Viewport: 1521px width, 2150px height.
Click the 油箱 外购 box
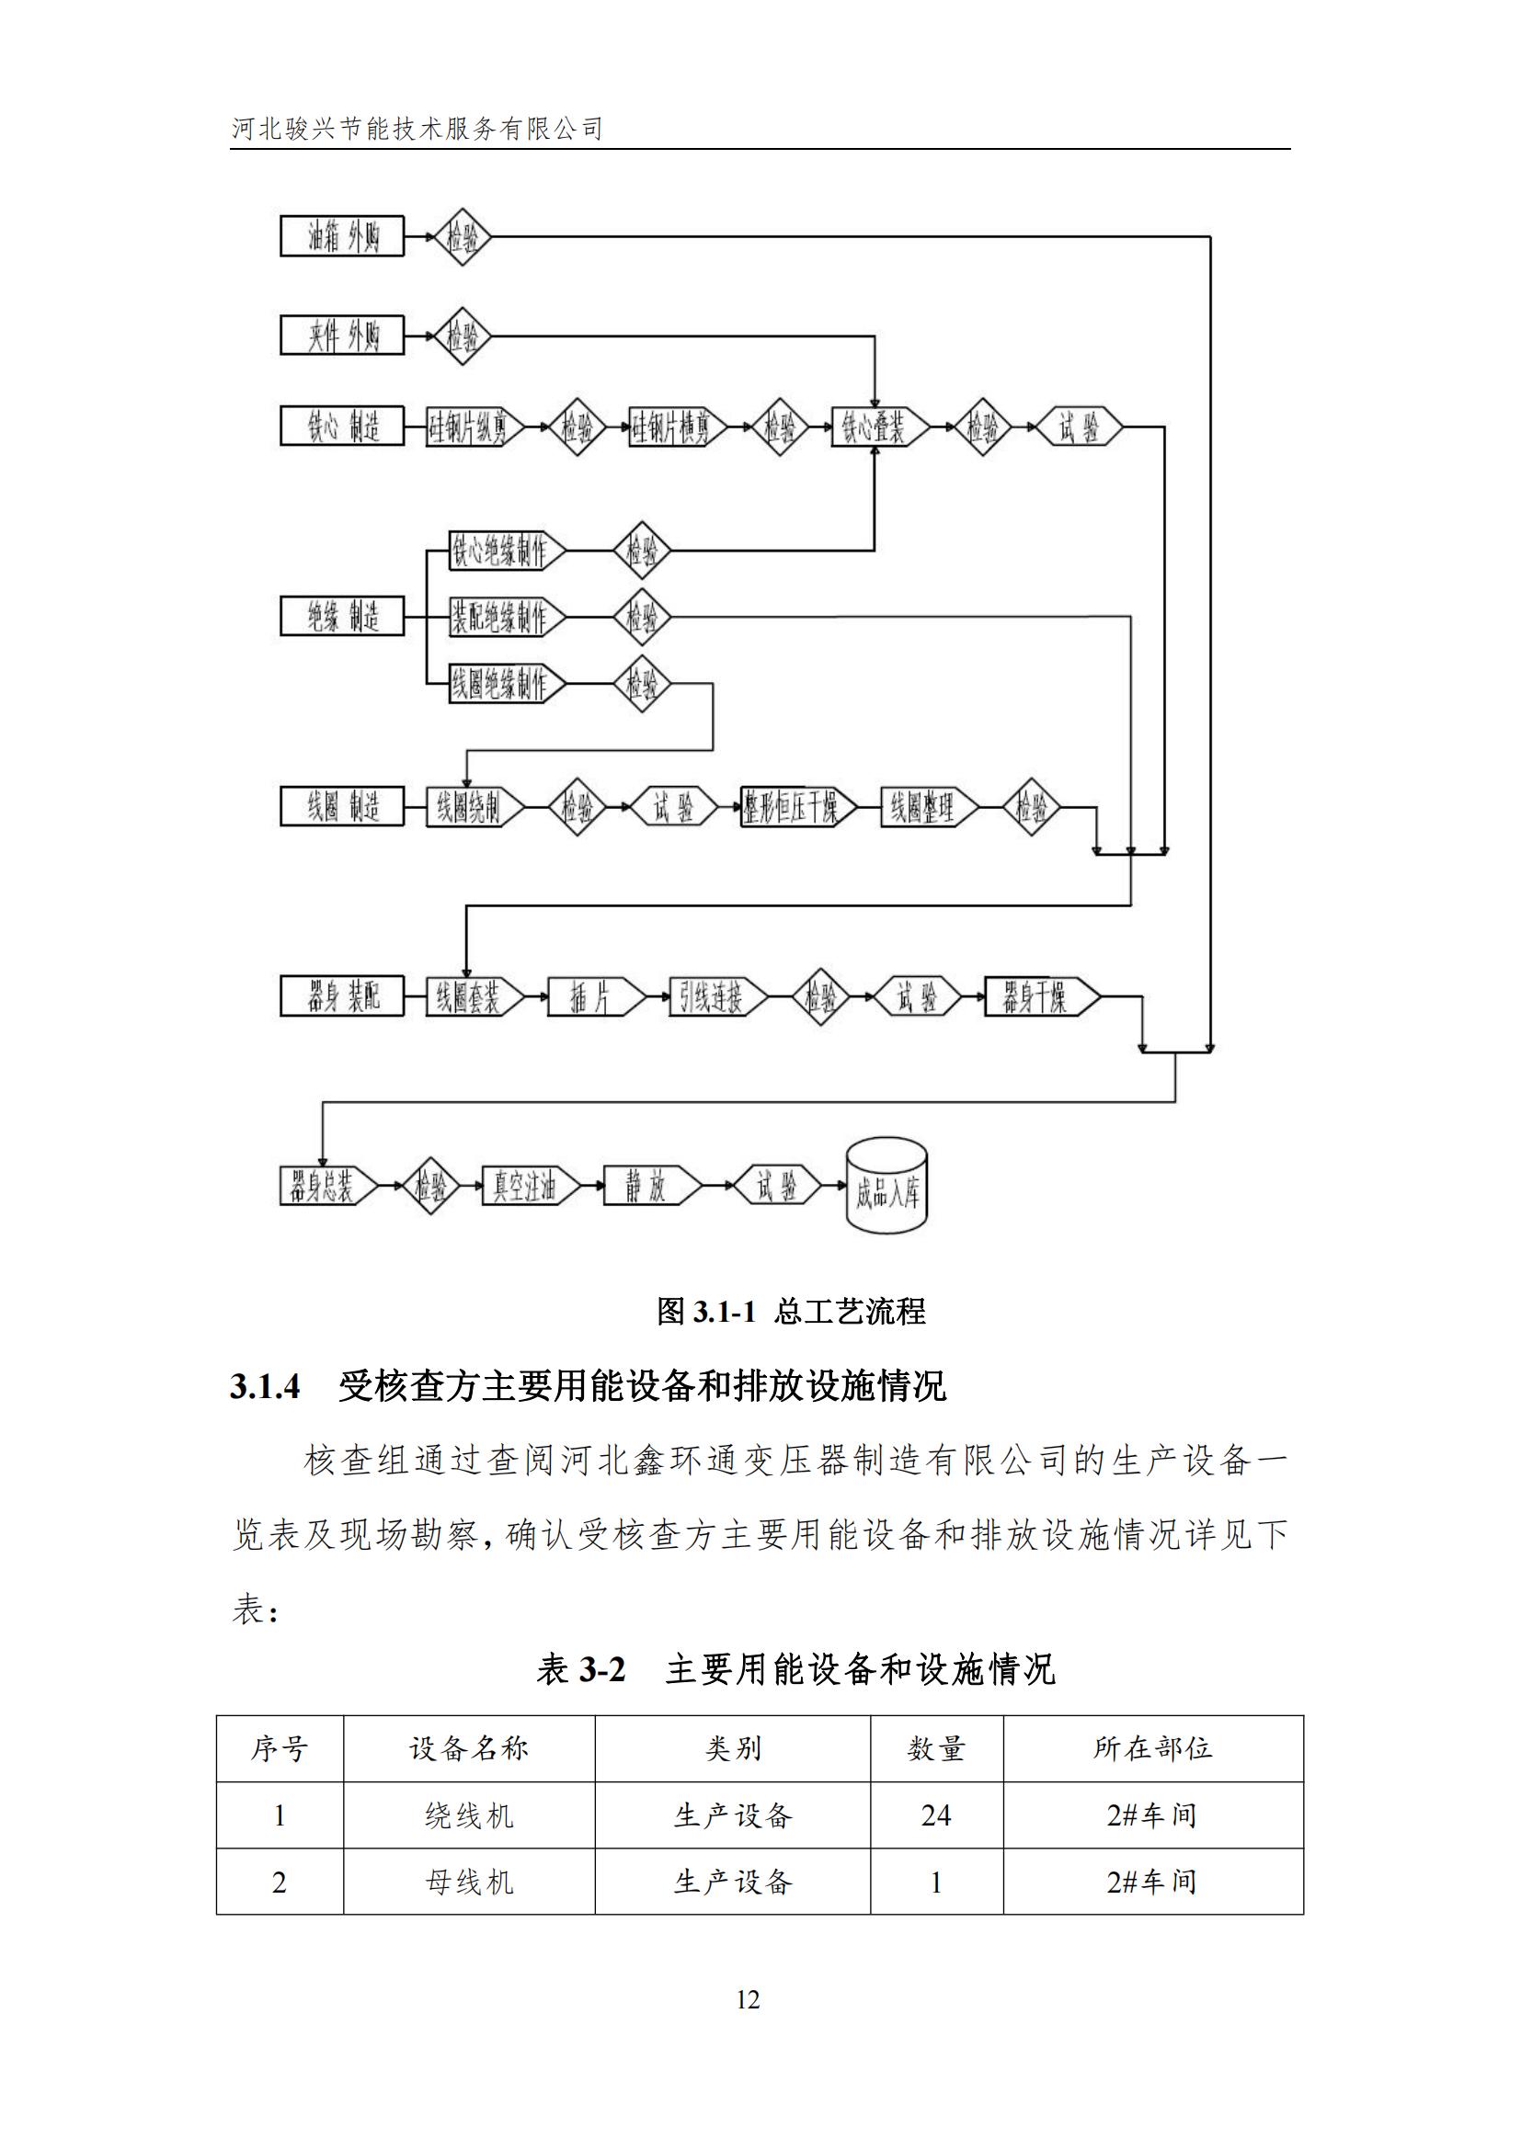click(x=342, y=237)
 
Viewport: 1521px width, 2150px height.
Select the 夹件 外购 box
click(x=342, y=336)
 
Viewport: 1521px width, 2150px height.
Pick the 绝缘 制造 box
click(x=342, y=616)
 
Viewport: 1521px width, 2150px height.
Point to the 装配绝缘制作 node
click(x=504, y=617)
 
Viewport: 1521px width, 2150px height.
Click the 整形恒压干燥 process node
click(x=795, y=807)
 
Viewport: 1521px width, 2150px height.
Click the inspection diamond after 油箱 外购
click(x=462, y=237)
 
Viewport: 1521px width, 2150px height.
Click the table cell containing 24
click(x=935, y=1815)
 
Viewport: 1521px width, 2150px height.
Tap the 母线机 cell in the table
click(x=468, y=1883)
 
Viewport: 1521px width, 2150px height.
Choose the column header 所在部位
click(x=1152, y=1748)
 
